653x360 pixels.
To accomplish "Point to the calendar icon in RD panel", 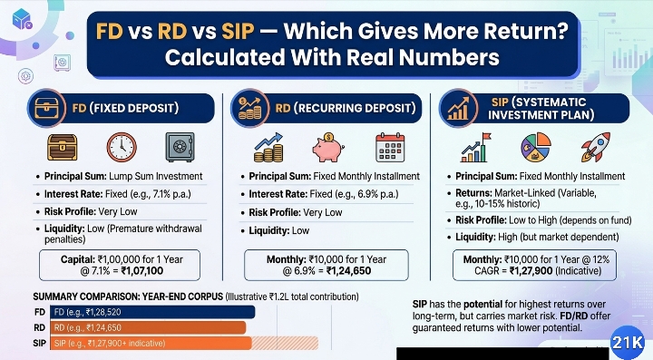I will [391, 146].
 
